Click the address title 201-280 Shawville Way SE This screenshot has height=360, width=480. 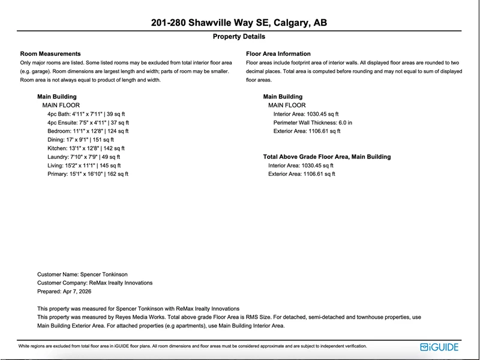pyautogui.click(x=239, y=23)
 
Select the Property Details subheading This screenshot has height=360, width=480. pyautogui.click(x=239, y=37)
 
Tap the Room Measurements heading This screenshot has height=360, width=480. pyautogui.click(x=50, y=54)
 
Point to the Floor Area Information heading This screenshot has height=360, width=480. pyautogui.click(x=278, y=54)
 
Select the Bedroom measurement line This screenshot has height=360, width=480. pyautogui.click(x=88, y=131)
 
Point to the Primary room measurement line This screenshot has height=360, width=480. pyautogui.click(x=88, y=174)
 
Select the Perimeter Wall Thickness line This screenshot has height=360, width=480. pyautogui.click(x=313, y=122)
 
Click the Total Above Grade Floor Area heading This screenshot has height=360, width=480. pyautogui.click(x=327, y=157)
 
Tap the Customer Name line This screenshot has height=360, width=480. pyautogui.click(x=77, y=274)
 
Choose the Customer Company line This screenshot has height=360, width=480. pyautogui.click(x=95, y=283)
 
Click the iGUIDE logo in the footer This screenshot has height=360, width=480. pyautogui.click(x=439, y=347)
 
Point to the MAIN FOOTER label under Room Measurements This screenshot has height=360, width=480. pyautogui.click(x=60, y=105)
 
